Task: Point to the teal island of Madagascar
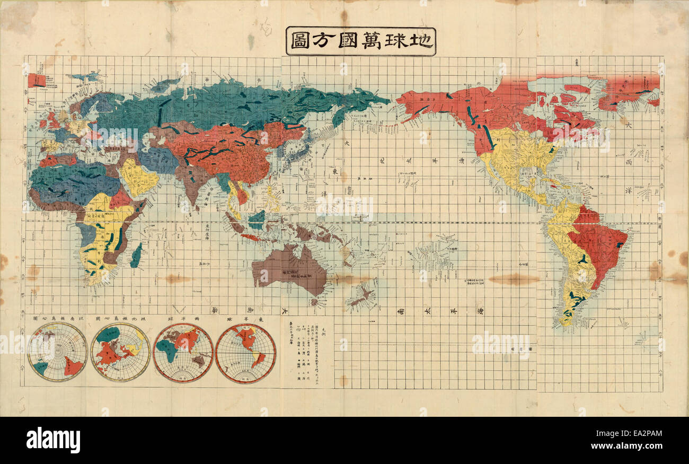coord(136,255)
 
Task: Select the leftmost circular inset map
coord(57,352)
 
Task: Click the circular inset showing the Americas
coord(245,353)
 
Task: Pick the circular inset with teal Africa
coord(183,353)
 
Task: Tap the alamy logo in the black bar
coord(53,440)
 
